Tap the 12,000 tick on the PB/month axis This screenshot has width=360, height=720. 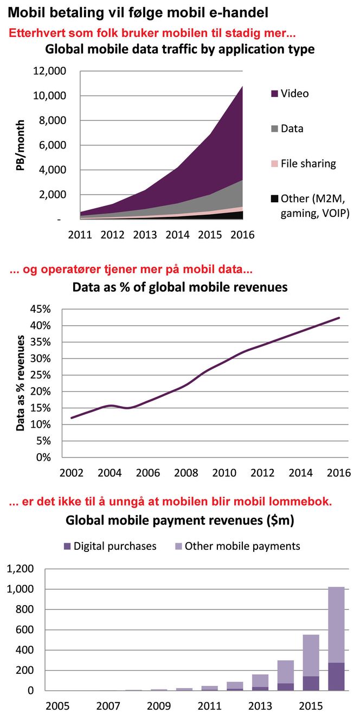(50, 71)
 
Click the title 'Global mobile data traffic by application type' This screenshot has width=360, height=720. (179, 49)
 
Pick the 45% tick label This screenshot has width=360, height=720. (40, 309)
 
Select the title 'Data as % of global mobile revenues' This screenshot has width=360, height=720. (180, 287)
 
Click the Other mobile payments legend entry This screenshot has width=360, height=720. (237, 546)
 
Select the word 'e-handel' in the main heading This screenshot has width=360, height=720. (241, 11)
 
